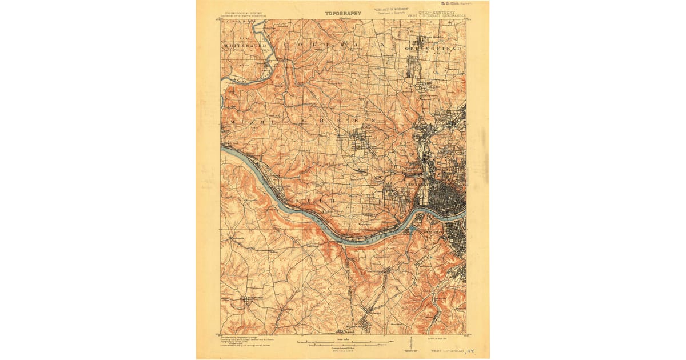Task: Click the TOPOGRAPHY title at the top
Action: (343, 13)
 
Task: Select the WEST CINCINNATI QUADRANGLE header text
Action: (436, 15)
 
